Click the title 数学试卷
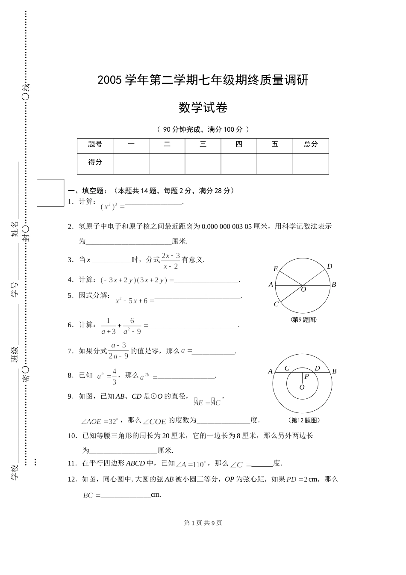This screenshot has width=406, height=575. [203, 107]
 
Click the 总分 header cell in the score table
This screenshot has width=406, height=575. [311, 145]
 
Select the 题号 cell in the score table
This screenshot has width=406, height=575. [95, 145]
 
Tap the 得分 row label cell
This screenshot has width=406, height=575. [95, 163]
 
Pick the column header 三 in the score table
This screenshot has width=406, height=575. [203, 145]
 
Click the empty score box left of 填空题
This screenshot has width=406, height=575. [50, 193]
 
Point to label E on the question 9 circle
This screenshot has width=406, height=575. [276, 269]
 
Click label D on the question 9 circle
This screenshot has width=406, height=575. [330, 267]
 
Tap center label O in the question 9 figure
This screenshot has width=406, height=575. [304, 290]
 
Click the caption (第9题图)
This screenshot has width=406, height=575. [303, 320]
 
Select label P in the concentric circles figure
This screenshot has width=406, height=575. [306, 377]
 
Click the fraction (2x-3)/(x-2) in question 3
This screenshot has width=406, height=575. [171, 261]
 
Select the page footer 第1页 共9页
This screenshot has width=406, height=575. [203, 523]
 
